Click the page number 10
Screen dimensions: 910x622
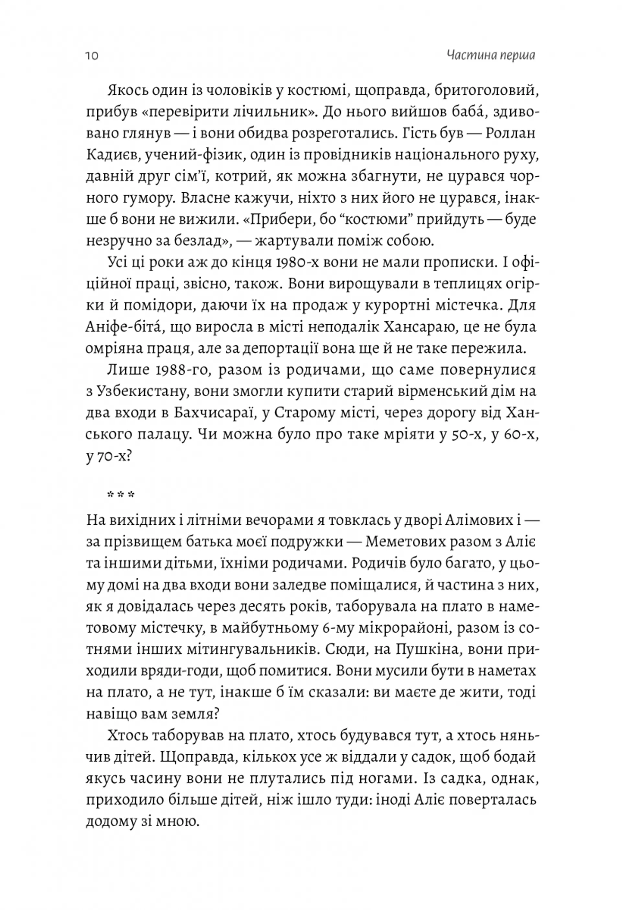(92, 56)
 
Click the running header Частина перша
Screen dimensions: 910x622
(491, 55)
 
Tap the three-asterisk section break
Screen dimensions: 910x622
(121, 495)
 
